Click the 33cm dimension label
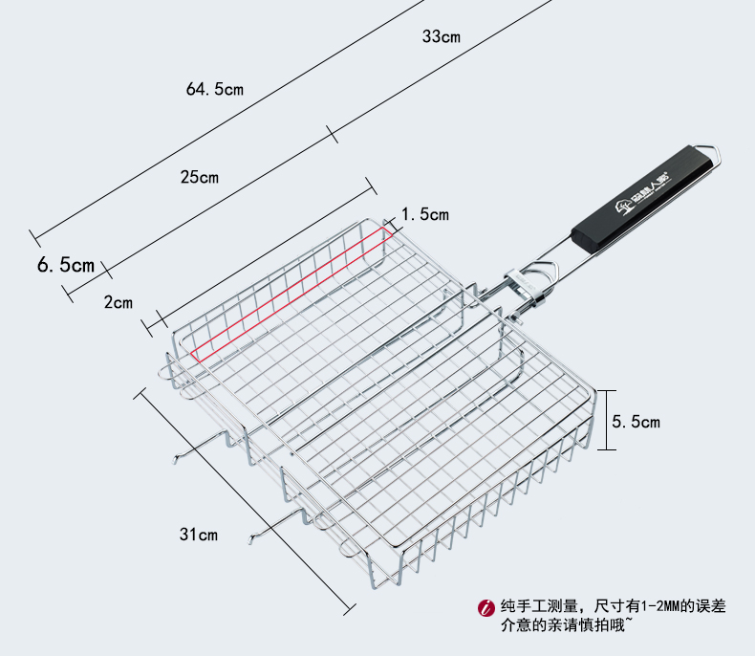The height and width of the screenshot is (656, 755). coord(442,37)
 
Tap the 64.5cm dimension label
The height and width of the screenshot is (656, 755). coord(215,89)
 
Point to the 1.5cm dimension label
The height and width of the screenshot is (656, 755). coord(425,214)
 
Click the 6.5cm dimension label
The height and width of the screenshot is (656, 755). coord(66,265)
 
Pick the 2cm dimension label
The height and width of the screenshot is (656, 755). coord(119,302)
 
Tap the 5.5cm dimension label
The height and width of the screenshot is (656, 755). coord(636,421)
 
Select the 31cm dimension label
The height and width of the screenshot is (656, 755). coord(199,535)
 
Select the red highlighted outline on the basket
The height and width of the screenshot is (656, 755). coord(287,293)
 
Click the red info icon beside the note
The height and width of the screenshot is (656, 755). coord(485,606)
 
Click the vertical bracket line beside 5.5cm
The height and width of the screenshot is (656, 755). coord(602,420)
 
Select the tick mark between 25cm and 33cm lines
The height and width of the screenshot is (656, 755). coord(333,133)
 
